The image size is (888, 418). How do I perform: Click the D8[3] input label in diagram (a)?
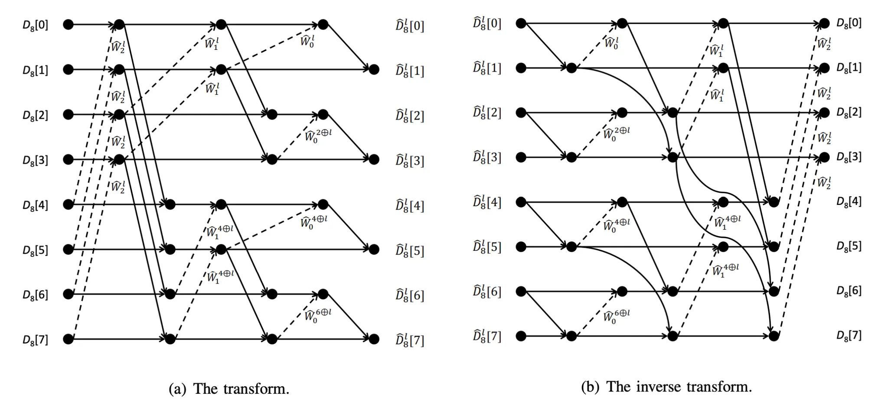[36, 160]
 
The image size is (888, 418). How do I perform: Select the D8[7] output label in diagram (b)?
[849, 335]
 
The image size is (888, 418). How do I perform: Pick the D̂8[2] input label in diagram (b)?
[487, 113]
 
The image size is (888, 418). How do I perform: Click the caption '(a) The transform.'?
[229, 389]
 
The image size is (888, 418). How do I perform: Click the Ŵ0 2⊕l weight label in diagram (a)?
[318, 135]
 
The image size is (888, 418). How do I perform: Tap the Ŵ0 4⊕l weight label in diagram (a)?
[313, 221]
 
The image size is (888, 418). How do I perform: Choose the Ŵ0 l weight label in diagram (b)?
[611, 43]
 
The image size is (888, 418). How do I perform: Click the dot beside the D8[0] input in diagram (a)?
[68, 24]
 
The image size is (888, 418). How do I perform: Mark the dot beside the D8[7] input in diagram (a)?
[68, 339]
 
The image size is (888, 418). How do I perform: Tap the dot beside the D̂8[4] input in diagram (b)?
[521, 202]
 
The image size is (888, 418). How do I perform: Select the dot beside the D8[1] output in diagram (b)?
[824, 68]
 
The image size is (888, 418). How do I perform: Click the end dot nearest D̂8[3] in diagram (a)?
[374, 159]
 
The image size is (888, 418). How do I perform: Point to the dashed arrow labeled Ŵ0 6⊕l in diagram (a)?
[297, 316]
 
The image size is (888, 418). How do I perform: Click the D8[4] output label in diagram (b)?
[849, 201]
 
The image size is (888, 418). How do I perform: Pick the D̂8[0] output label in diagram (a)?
[410, 26]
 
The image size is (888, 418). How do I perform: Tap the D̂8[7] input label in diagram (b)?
[487, 336]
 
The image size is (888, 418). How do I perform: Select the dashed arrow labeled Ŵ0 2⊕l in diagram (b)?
[597, 135]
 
